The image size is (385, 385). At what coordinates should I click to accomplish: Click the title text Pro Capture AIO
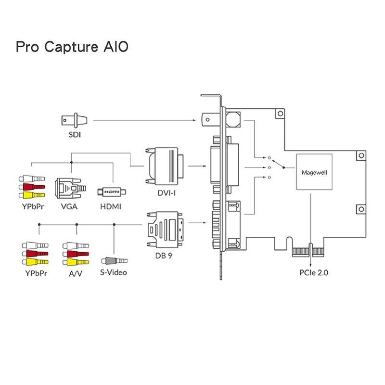click(72, 47)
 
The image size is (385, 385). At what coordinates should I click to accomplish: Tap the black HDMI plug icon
click(111, 192)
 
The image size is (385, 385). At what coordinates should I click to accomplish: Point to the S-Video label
click(114, 273)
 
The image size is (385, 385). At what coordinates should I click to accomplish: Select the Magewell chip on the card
click(314, 172)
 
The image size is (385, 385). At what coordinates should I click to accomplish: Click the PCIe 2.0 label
click(313, 273)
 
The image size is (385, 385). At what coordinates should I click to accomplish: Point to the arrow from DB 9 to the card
click(197, 223)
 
